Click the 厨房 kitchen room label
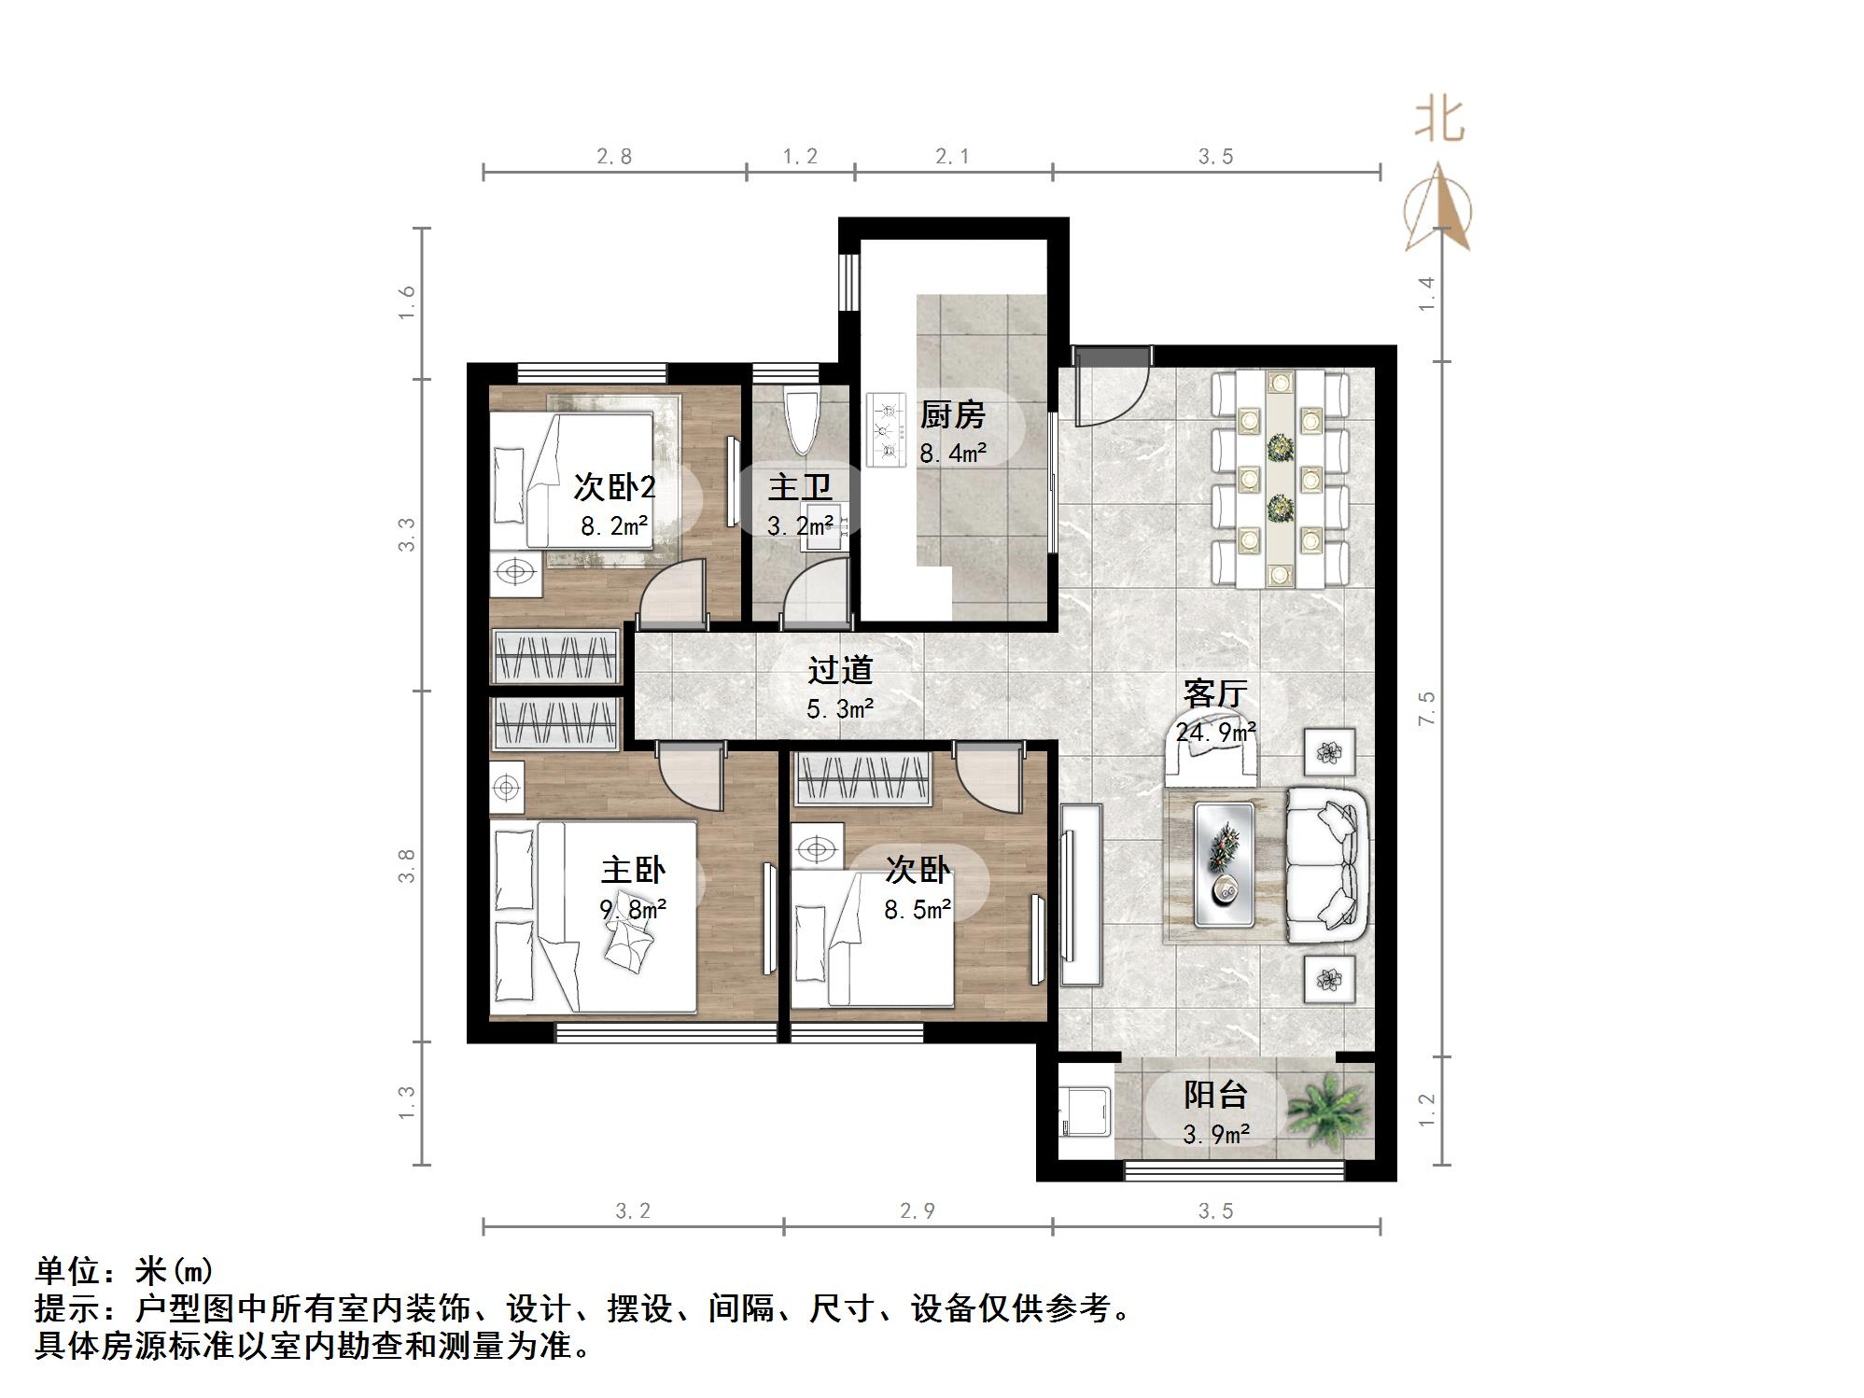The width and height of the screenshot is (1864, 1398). [x=952, y=414]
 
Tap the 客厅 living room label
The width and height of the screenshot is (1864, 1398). [x=1214, y=693]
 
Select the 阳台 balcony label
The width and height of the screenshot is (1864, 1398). [x=1215, y=1094]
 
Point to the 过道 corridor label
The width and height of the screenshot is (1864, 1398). [x=840, y=669]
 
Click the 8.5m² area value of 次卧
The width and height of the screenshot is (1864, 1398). [x=918, y=909]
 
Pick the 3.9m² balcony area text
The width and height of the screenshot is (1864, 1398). [x=1215, y=1134]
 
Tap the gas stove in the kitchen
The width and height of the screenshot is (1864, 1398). [x=887, y=429]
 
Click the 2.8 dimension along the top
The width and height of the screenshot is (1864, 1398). [x=614, y=156]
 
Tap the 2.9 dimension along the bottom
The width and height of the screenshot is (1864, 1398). [x=917, y=1211]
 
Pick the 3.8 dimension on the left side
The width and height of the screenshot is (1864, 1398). [x=406, y=865]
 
